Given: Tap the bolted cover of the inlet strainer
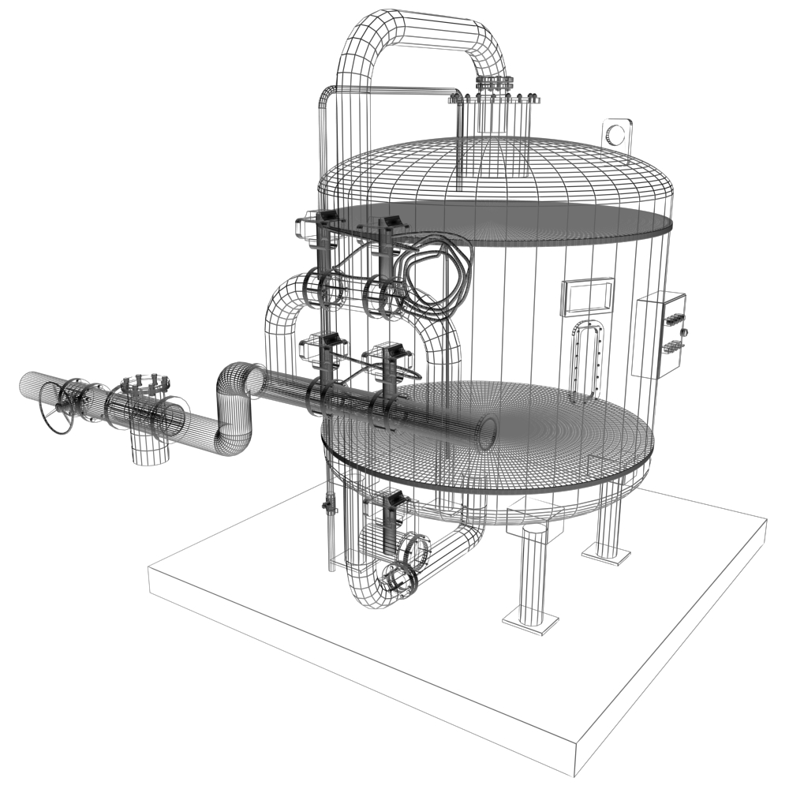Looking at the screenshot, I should [143, 387].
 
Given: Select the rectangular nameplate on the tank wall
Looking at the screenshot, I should [587, 297].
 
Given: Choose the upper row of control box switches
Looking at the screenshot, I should [674, 320].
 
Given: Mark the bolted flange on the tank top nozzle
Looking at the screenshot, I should [495, 99].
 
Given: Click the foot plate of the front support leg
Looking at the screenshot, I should [530, 624].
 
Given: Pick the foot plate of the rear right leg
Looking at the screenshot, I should [606, 556].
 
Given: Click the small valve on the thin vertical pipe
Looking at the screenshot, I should [327, 505].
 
